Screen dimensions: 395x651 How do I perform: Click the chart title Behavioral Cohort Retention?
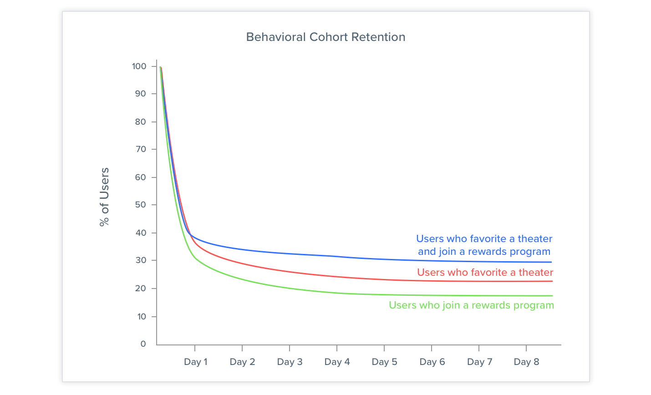tap(325, 37)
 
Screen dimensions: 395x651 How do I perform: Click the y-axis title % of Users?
tap(105, 197)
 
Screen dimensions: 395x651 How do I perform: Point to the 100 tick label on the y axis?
tap(139, 66)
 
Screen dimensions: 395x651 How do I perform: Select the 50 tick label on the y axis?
tap(140, 205)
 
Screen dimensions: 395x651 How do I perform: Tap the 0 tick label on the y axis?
tap(143, 344)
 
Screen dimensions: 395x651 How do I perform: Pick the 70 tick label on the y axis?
tap(140, 149)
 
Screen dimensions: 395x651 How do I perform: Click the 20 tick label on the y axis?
tap(140, 289)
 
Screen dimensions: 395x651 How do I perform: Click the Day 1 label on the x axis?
tap(195, 362)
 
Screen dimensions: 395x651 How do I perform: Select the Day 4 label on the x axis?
tap(337, 362)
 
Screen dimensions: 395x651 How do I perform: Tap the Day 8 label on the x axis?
tap(526, 362)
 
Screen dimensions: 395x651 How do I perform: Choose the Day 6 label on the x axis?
tap(432, 362)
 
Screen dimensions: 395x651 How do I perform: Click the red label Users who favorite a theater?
tap(485, 272)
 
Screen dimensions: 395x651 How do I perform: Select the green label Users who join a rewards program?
tap(471, 305)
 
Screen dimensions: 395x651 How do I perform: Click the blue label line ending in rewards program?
tap(484, 252)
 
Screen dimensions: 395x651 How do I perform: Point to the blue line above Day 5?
tap(384, 259)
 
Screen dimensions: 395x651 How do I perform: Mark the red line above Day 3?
tap(290, 272)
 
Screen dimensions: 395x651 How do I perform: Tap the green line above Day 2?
tap(242, 279)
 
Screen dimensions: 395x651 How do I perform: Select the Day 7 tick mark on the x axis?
tap(479, 348)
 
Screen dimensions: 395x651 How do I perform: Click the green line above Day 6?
tap(432, 295)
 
